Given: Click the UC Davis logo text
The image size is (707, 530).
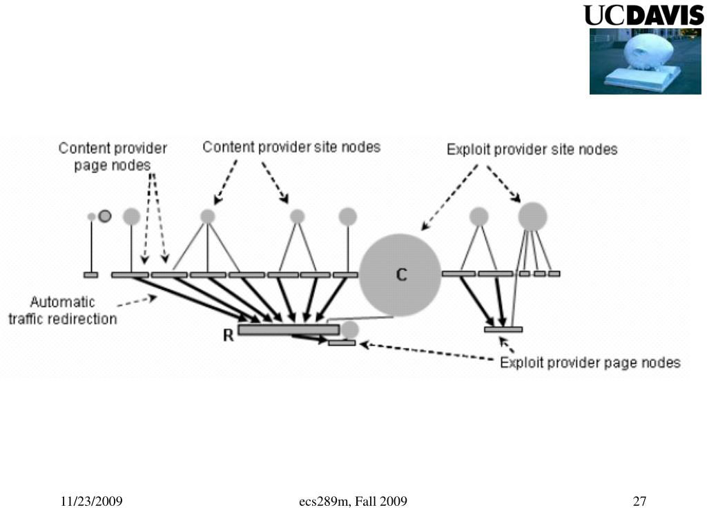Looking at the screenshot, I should point(643,16).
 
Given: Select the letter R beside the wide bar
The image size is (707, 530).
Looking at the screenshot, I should point(228,336).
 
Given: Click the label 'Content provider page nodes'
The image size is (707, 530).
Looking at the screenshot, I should point(113,157).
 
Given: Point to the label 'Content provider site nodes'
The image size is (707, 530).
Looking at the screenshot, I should point(291,147).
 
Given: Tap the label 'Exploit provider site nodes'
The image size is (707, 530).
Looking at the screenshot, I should point(532,149).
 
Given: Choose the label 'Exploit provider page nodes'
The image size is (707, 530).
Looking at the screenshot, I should point(590,362).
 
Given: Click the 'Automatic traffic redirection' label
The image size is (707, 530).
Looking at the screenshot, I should point(62,311).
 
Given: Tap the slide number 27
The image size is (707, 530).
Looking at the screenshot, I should point(639,502).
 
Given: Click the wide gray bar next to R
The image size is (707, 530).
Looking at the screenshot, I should point(288,330).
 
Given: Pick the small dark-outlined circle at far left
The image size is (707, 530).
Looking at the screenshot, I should point(104,216).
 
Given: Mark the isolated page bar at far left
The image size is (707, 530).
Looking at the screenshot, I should point(90,275).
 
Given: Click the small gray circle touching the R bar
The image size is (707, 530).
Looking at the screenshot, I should point(350,329).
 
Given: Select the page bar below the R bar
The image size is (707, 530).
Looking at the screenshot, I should point(342,342).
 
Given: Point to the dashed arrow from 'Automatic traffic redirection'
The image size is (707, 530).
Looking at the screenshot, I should point(138,300).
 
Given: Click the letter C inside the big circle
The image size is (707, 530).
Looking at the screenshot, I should point(401,275).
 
